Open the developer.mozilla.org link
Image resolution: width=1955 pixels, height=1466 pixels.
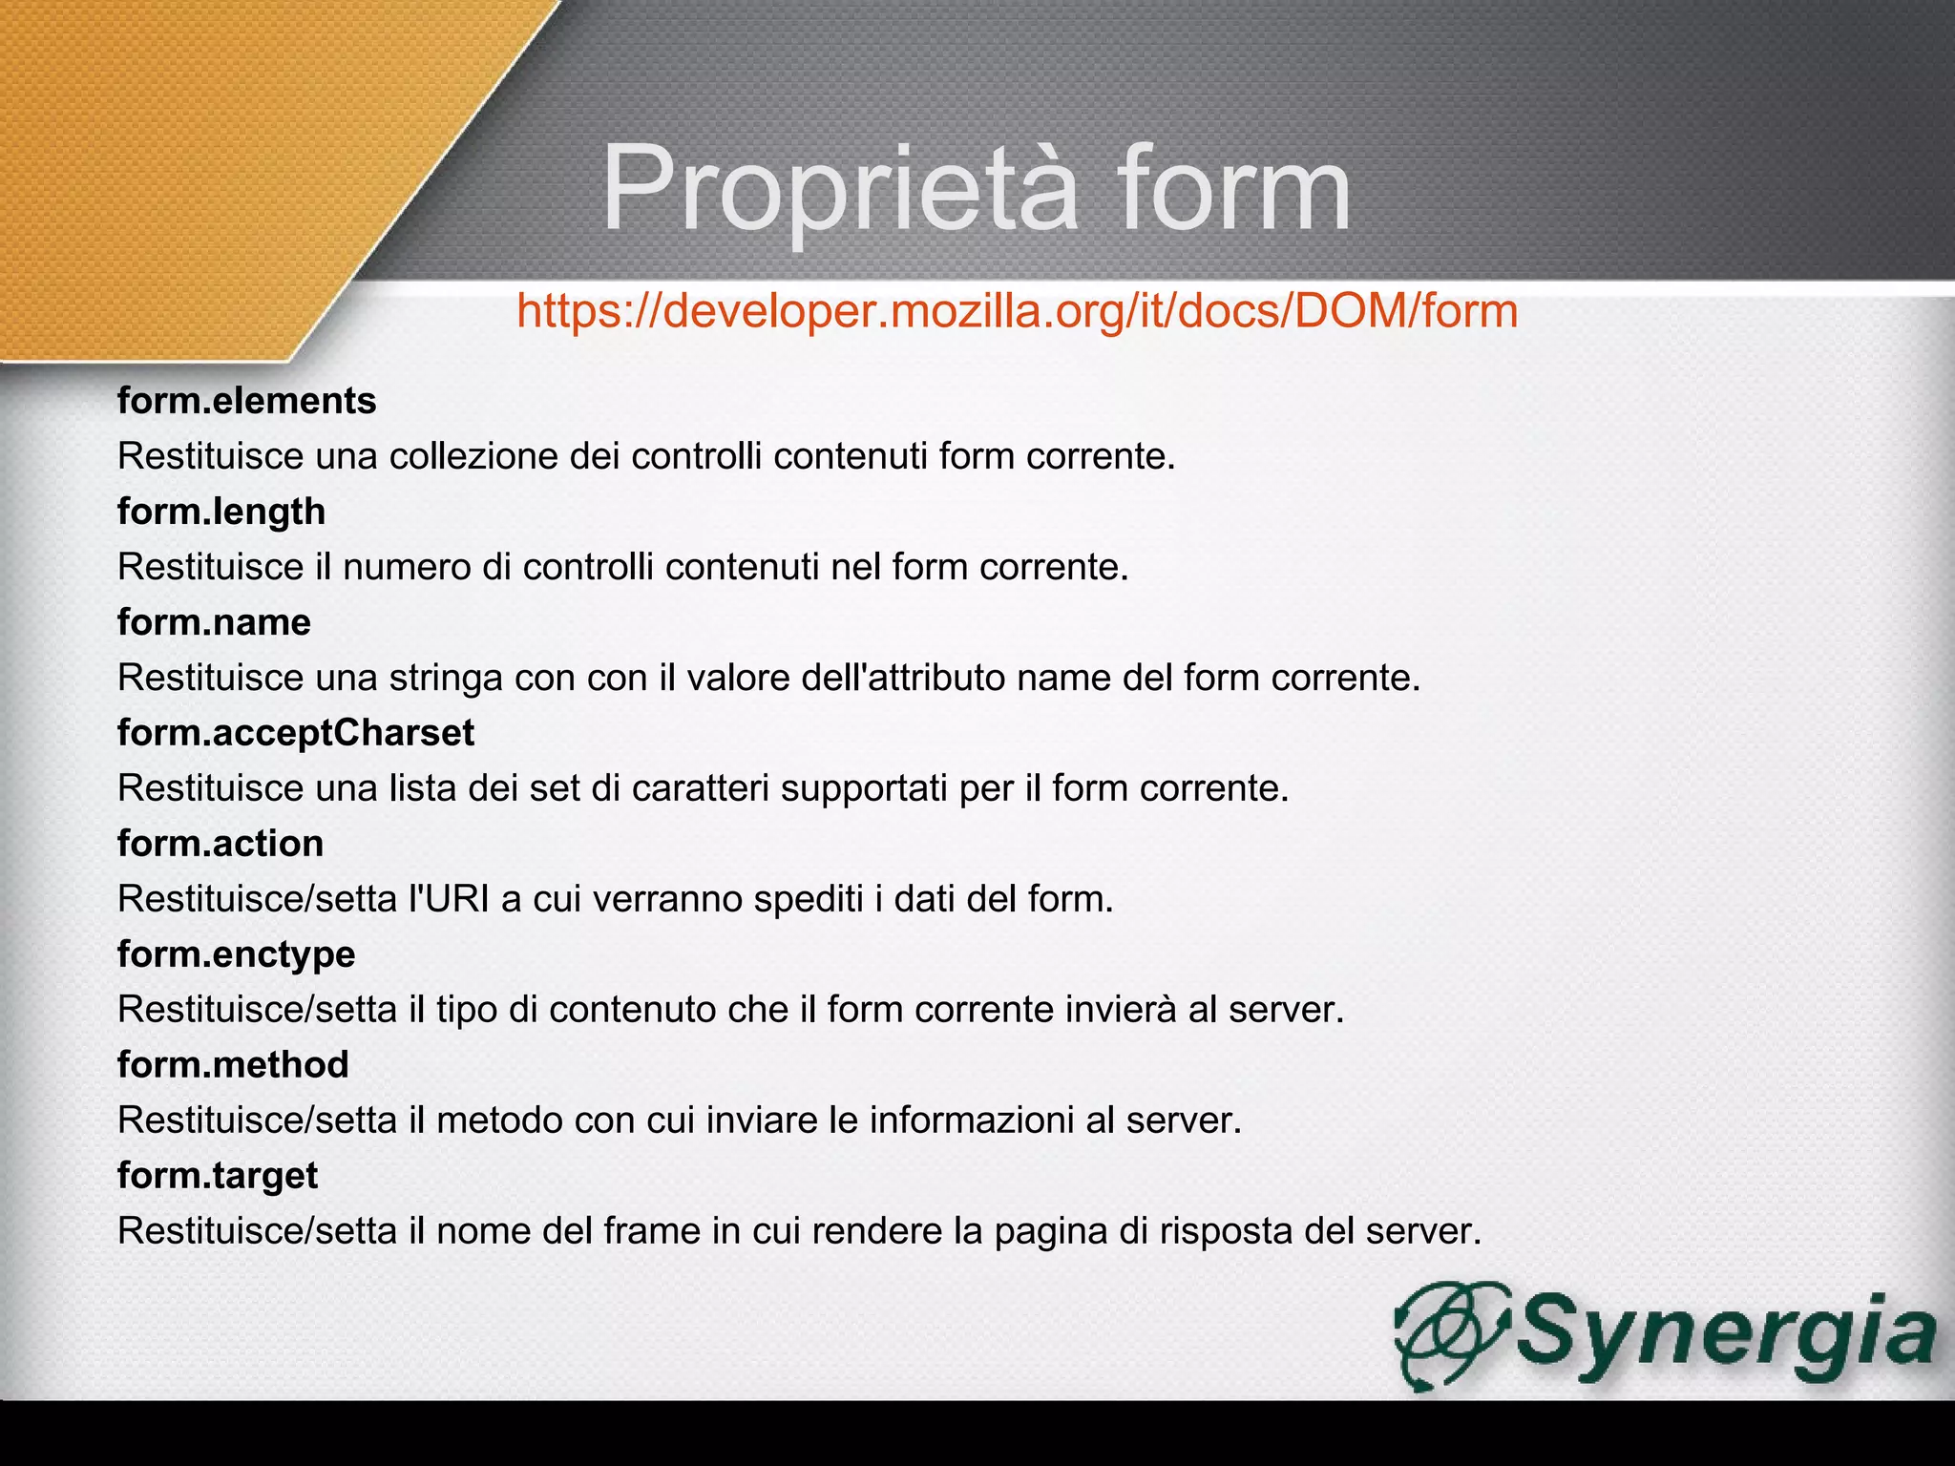pos(1017,311)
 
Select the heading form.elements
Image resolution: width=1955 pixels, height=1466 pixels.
pos(246,401)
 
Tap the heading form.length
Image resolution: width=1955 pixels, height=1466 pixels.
pos(221,512)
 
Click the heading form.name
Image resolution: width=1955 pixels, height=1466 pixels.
pos(214,622)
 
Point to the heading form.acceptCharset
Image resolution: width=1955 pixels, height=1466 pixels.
pos(296,733)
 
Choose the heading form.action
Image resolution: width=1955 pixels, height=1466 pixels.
pos(221,844)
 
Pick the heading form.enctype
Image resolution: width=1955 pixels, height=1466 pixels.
pos(236,954)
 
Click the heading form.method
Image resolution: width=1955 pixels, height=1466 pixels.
pos(233,1065)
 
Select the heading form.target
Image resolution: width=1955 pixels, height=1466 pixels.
pos(218,1176)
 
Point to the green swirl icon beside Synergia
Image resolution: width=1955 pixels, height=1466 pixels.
pos(1449,1334)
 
